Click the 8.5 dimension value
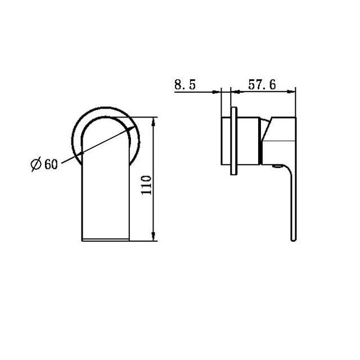click(x=185, y=85)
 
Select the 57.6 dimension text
click(x=262, y=85)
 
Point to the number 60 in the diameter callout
click(x=51, y=164)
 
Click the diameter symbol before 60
click(x=35, y=164)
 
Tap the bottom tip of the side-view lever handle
click(x=293, y=241)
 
